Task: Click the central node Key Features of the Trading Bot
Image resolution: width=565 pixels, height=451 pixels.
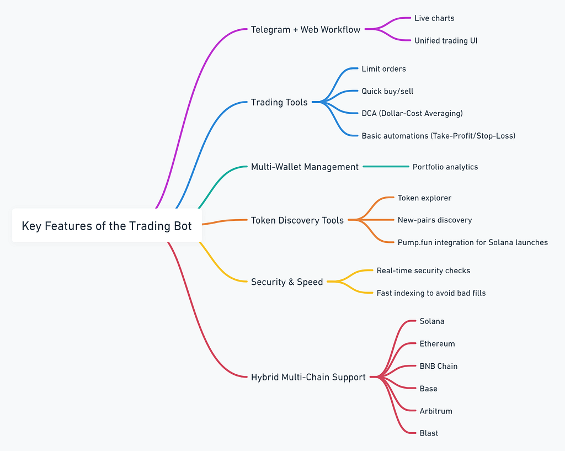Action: (x=106, y=226)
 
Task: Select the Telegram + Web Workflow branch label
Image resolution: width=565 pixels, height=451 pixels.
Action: (x=305, y=29)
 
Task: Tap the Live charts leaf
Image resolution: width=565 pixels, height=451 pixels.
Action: (x=434, y=18)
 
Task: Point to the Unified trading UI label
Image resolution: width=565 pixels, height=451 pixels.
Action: (x=446, y=41)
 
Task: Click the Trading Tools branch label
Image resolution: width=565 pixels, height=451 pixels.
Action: (x=279, y=102)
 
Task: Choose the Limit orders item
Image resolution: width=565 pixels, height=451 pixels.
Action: (x=383, y=69)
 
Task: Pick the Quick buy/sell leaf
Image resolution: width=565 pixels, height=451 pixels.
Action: (x=387, y=91)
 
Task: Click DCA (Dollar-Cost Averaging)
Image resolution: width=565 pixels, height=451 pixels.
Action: (x=412, y=113)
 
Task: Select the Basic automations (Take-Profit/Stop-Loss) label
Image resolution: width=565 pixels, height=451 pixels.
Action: (x=438, y=136)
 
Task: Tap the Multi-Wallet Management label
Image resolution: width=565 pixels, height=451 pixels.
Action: (x=305, y=167)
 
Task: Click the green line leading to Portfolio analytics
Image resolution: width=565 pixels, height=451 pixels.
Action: (x=386, y=167)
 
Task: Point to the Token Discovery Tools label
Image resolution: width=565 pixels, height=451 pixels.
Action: (x=297, y=220)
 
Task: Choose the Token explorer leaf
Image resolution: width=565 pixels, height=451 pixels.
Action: (x=424, y=198)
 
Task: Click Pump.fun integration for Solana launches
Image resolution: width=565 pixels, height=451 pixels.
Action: (x=472, y=242)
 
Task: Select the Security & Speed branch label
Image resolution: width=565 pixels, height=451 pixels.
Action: (x=287, y=282)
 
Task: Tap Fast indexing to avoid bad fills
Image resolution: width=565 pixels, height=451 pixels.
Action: (x=431, y=293)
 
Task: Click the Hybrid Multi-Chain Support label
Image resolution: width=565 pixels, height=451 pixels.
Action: (x=308, y=378)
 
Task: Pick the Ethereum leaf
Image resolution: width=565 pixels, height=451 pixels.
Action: (x=437, y=344)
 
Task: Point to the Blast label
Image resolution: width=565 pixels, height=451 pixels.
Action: (x=429, y=433)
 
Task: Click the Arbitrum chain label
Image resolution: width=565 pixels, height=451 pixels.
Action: (x=436, y=411)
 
